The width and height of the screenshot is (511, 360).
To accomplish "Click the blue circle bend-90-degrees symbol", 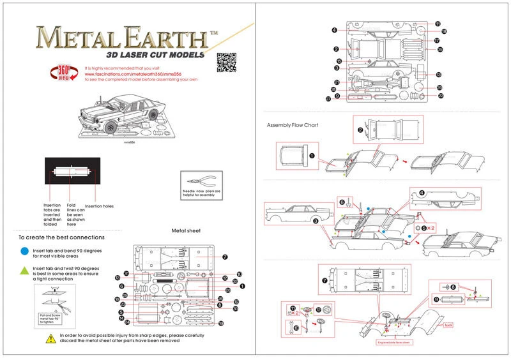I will click(24, 252).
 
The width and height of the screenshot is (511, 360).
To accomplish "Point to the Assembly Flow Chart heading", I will click(292, 125).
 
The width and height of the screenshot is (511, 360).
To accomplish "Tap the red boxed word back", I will click(448, 326).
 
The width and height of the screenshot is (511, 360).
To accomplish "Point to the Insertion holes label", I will click(99, 206).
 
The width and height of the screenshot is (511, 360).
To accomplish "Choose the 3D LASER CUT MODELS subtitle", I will click(155, 55).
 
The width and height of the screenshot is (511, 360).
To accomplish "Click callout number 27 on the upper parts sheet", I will click(328, 99).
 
